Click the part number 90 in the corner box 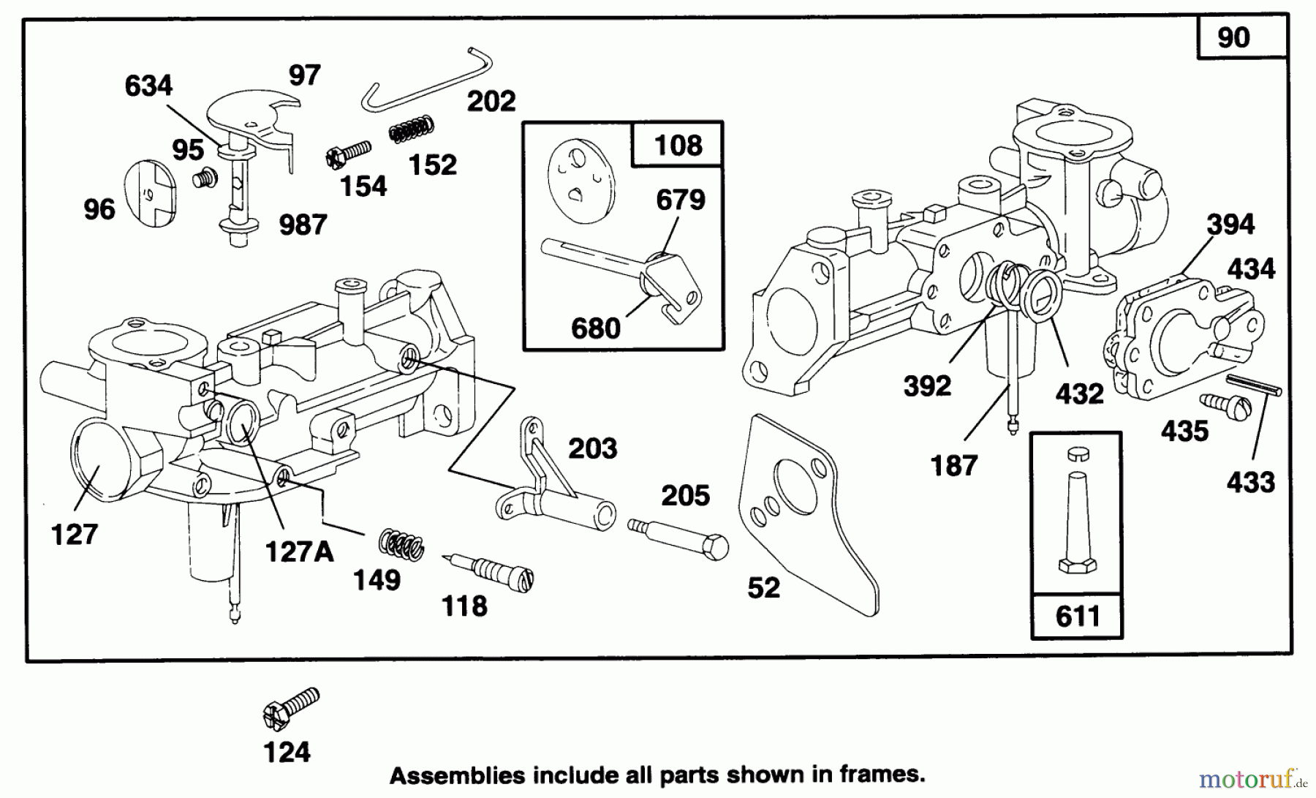pos(1233,37)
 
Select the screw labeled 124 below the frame pos(290,707)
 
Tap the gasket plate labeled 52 pos(812,511)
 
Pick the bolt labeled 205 pos(679,536)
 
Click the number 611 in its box pos(1078,616)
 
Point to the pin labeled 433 pos(1253,385)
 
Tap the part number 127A pos(298,552)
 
